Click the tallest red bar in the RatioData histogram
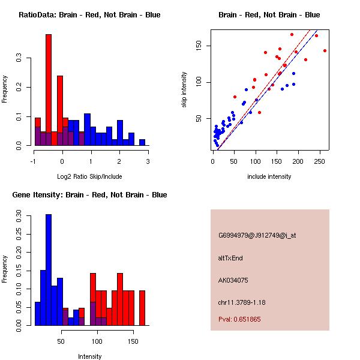(49, 90)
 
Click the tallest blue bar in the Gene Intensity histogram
(49, 270)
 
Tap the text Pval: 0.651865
(239, 319)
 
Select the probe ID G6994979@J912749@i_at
(257, 236)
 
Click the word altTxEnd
(230, 258)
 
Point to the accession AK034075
(233, 280)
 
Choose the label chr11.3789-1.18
(242, 302)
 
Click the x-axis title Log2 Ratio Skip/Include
(89, 176)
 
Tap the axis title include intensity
(269, 176)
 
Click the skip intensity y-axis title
(184, 89)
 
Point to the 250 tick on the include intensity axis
(319, 161)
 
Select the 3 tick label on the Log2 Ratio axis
(148, 161)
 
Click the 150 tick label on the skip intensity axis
(199, 46)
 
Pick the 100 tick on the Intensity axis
(97, 341)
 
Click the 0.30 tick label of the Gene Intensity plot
(19, 216)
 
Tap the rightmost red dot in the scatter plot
(325, 51)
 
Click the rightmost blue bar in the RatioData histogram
(142, 142)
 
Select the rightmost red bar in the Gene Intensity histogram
(142, 308)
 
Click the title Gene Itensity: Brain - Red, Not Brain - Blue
(89, 195)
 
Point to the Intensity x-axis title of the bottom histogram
(89, 356)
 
